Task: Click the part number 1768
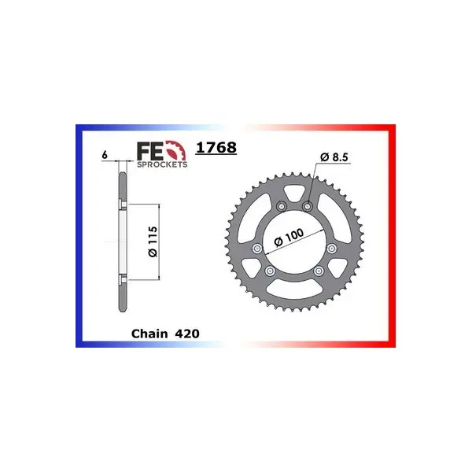[216, 148]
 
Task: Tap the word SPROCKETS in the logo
[162, 164]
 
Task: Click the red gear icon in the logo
[176, 150]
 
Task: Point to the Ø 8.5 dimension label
[334, 157]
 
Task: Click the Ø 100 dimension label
[289, 238]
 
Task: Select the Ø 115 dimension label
[153, 242]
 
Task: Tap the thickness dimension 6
[105, 155]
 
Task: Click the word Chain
[149, 334]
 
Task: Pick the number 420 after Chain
[186, 334]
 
